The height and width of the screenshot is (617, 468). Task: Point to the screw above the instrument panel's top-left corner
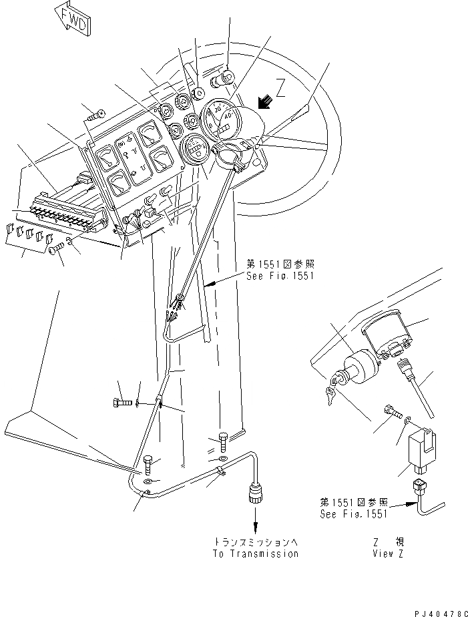(x=96, y=115)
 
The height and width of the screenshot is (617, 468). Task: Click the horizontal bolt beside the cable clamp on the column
(x=122, y=403)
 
